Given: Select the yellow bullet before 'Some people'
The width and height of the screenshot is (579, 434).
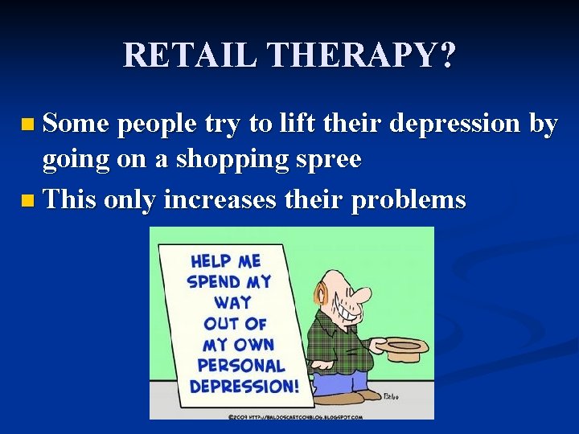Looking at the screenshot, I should coord(29,125).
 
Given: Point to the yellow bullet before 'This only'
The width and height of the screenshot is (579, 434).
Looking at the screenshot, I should coord(29,200).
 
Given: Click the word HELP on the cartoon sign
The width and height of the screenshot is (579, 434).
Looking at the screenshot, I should coord(211,262).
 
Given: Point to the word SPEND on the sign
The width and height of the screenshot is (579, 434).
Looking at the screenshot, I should coord(214,282).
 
